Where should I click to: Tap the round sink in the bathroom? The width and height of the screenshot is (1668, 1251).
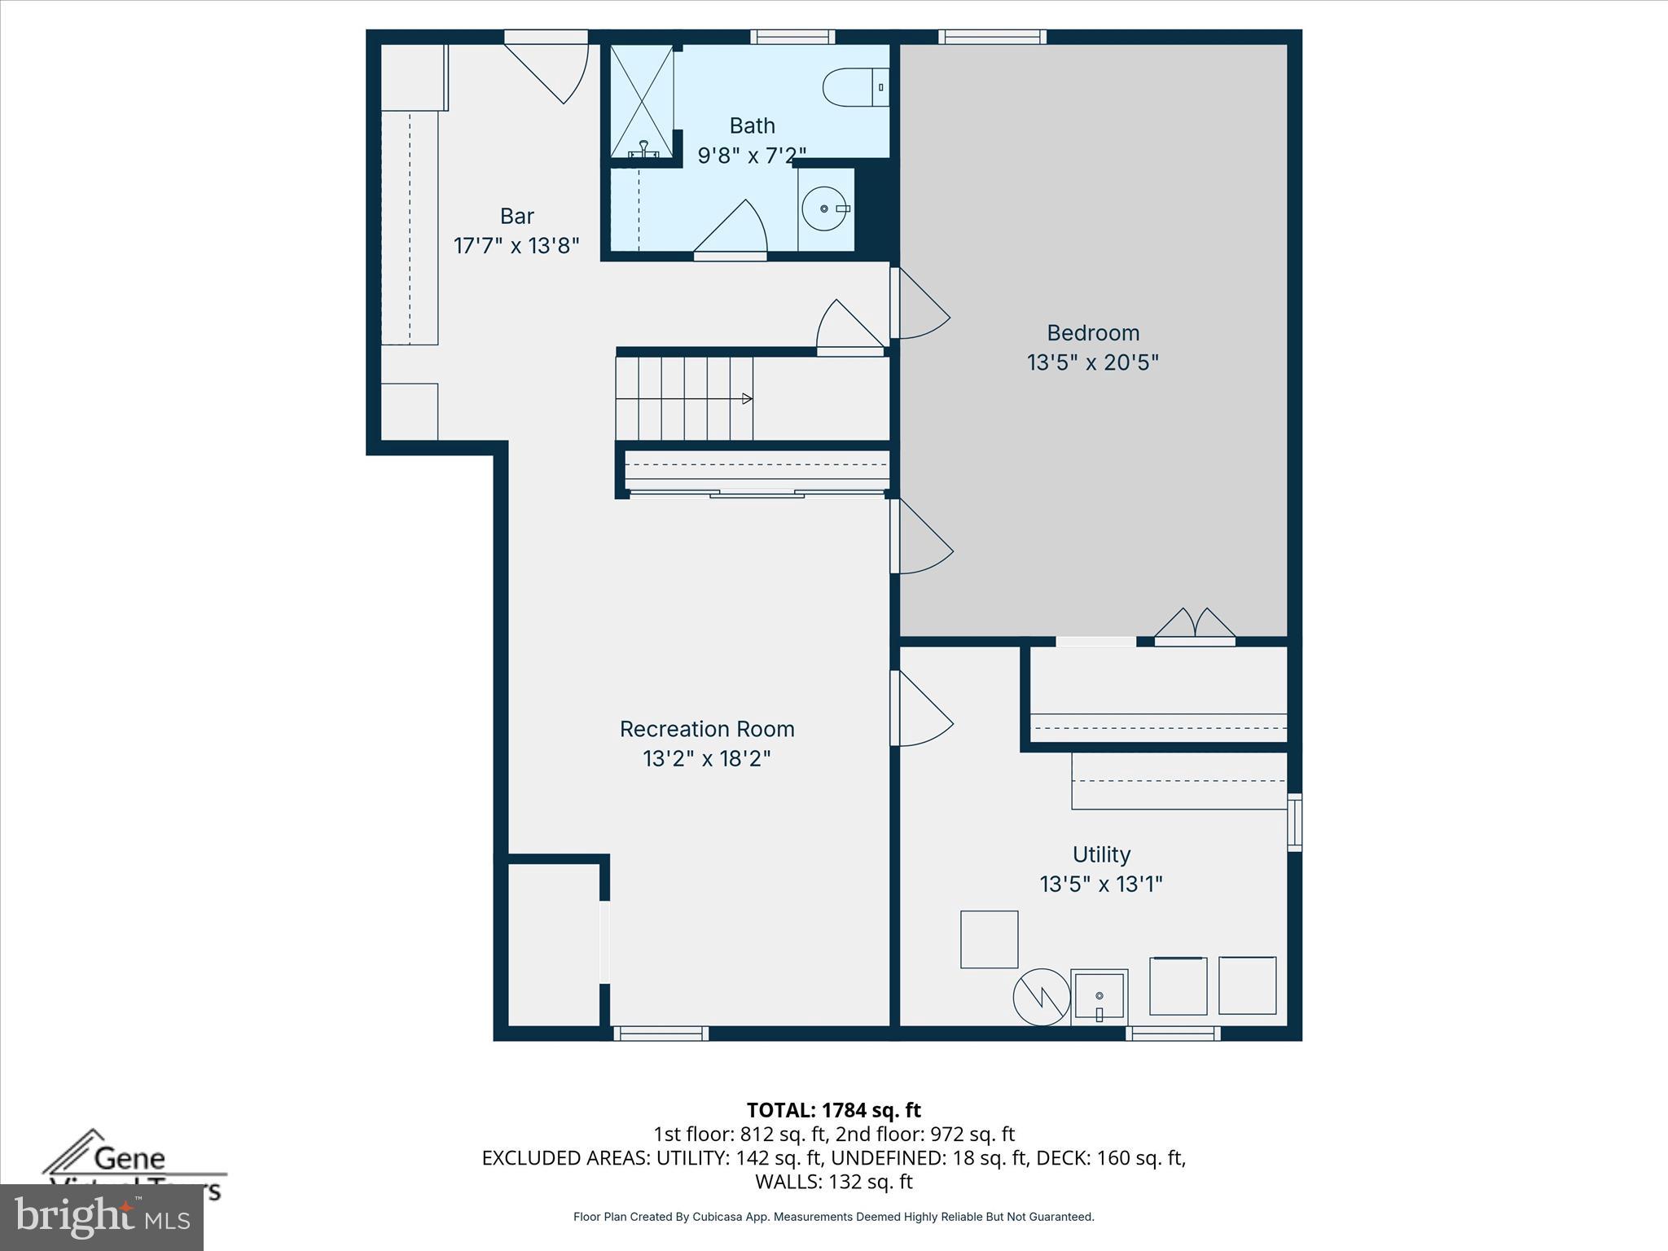coord(824,209)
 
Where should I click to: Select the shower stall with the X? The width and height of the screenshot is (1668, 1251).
coord(642,101)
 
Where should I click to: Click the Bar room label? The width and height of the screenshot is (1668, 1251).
coord(516,217)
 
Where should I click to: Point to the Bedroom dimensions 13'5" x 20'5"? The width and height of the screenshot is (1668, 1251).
coord(1092,362)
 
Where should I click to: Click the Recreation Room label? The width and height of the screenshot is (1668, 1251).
coord(706,729)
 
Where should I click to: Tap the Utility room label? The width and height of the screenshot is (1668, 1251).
coord(1101,854)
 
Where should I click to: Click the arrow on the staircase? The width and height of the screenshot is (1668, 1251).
coord(746,399)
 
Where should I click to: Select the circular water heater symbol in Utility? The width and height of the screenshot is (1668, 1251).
coord(1042,997)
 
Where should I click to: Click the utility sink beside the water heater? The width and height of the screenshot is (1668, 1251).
coord(1099,997)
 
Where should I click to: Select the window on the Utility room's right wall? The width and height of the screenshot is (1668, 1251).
coord(1294,822)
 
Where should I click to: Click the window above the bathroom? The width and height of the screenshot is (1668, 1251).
coord(792,37)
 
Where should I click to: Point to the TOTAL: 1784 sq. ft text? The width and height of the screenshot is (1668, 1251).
coord(833,1110)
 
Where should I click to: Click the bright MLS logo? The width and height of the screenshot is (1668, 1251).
coord(102,1217)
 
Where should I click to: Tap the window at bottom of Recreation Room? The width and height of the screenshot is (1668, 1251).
coord(661,1034)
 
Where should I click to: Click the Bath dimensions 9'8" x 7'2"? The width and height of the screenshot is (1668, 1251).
coord(752,155)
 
